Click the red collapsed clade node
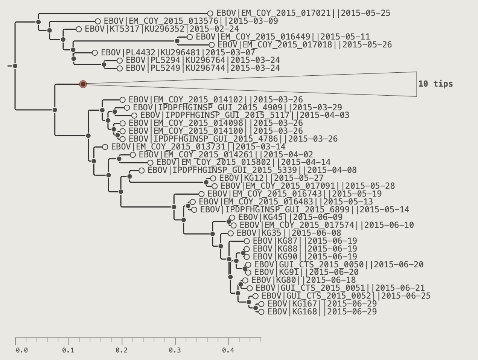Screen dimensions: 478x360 coord(83,84)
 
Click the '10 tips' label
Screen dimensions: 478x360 coord(435,84)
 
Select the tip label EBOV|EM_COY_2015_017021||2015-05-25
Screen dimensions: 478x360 coord(303,13)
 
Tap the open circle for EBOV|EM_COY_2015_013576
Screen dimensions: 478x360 coord(98,21)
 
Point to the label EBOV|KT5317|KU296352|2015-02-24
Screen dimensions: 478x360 coord(162,29)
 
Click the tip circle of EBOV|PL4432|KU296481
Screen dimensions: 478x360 coord(95,53)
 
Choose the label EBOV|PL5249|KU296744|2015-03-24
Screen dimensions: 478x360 coord(203,68)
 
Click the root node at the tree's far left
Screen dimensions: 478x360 coord(15,66)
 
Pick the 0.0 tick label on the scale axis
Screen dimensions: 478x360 coord(22,350)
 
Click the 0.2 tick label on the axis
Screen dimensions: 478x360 coord(122,350)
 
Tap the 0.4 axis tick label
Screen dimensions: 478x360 coord(228,350)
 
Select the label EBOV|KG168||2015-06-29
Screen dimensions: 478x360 coord(322,312)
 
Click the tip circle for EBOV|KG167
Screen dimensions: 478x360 coord(261,304)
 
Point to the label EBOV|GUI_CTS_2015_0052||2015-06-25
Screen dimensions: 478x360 coord(346,296)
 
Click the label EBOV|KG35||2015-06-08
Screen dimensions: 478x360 coord(289,233)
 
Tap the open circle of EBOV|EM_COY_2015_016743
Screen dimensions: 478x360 coord(201,194)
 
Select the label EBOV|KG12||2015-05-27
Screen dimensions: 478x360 coord(271,178)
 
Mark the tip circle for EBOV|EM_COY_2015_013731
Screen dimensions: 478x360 coord(105,147)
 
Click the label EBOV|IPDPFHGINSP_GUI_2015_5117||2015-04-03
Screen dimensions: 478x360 coord(245,115)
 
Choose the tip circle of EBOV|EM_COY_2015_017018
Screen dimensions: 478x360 coord(212,45)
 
